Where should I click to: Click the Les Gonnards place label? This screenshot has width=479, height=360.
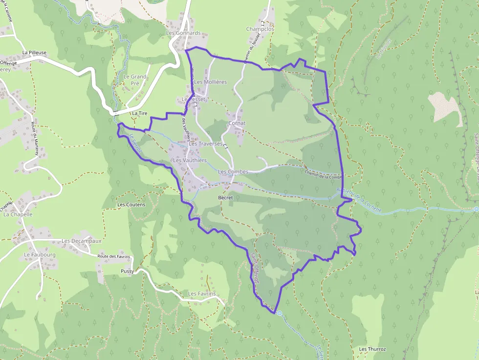point(183,33)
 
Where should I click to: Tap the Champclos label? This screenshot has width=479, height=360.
point(260,29)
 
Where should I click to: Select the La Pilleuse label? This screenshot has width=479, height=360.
point(34,52)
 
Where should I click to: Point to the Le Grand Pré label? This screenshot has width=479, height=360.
point(135,80)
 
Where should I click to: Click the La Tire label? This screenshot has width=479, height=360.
point(140,113)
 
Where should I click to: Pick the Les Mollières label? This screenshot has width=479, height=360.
point(210,82)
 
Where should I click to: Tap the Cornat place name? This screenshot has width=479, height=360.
point(237,123)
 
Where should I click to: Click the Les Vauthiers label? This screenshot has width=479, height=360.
point(190,160)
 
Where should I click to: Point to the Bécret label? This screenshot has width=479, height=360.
point(225,198)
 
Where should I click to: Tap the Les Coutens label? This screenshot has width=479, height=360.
point(131,205)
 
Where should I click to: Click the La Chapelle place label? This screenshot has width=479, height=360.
point(18,214)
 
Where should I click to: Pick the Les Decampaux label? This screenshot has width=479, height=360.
point(82,241)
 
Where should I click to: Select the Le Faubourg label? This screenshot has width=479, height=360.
point(40,255)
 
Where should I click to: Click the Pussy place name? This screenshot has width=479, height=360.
point(127,271)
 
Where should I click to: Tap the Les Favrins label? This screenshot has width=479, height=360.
point(202,294)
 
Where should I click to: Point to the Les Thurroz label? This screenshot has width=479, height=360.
point(372,349)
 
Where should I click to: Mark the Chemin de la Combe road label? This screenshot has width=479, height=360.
point(322,174)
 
